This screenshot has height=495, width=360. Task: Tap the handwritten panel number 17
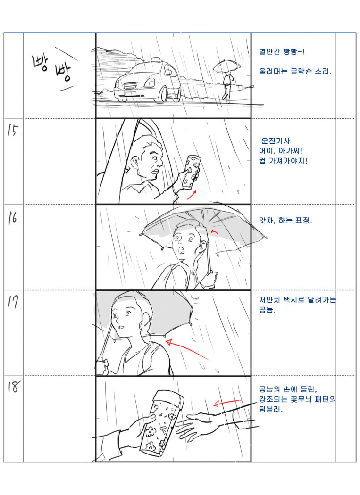(x=13, y=302)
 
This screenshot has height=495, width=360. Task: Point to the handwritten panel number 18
(x=14, y=387)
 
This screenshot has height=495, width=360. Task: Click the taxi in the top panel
(x=148, y=80)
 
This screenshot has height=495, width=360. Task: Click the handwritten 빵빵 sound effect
(x=52, y=67)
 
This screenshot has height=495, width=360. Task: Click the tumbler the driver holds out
(x=191, y=172)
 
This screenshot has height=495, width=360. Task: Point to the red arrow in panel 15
(x=192, y=195)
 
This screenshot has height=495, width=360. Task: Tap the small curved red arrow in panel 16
(x=215, y=233)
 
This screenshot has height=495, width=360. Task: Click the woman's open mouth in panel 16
(x=182, y=251)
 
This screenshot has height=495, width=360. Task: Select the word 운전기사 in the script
(x=276, y=141)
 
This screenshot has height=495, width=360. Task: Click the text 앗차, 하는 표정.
(x=285, y=220)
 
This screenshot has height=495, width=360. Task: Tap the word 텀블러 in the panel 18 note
(x=270, y=410)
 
